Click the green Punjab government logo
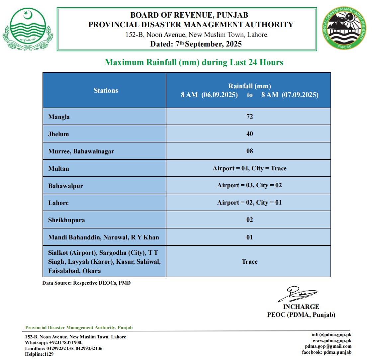tap(28, 29)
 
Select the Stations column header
tap(106, 90)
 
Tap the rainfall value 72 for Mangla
tap(249, 117)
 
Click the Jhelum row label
tap(59, 134)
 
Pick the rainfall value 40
tap(249, 134)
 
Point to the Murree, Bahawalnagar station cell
tap(81, 151)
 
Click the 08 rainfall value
tap(249, 151)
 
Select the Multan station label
tap(59, 169)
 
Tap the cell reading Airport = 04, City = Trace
tap(249, 168)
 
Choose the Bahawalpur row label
tap(65, 186)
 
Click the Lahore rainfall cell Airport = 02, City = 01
tap(249, 203)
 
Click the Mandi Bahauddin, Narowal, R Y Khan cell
tap(104, 237)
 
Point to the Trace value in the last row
tap(249, 262)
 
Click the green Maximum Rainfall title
tap(194, 62)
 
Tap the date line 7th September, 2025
tap(196, 44)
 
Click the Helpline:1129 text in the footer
tap(39, 354)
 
